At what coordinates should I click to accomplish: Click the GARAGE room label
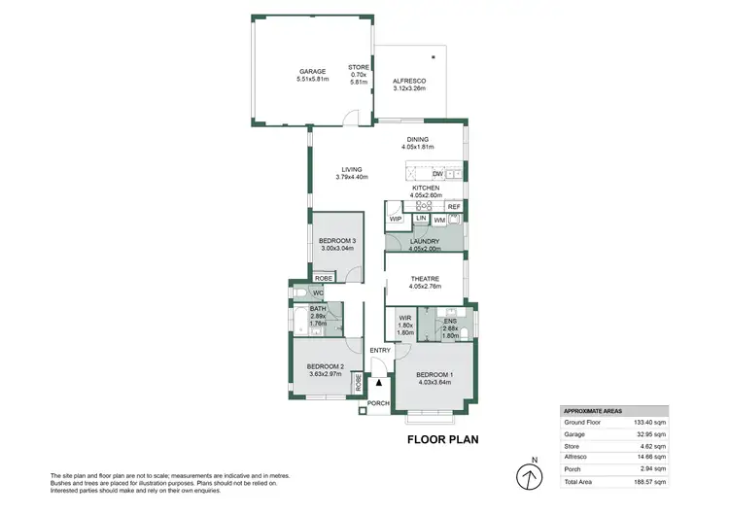click(311, 72)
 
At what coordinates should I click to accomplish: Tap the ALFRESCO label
click(408, 82)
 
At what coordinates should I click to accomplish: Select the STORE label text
click(359, 67)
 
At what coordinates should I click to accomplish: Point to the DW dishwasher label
click(437, 174)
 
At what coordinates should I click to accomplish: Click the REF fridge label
click(453, 207)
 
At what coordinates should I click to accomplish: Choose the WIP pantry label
click(396, 219)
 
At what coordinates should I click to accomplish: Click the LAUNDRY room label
click(425, 241)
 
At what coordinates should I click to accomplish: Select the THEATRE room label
click(425, 280)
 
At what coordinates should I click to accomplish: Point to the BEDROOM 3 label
click(337, 241)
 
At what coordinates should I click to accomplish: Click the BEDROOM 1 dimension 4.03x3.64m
click(434, 382)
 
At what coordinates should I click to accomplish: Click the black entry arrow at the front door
click(379, 385)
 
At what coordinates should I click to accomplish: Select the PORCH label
click(377, 403)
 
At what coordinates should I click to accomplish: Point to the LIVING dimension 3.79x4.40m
click(351, 177)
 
